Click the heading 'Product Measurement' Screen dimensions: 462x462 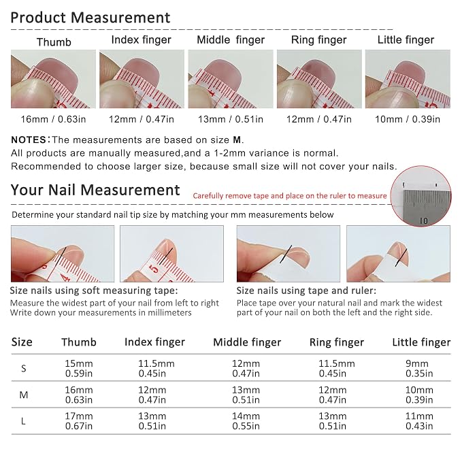pos(90,18)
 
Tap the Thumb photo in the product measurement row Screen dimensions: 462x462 pos(53,79)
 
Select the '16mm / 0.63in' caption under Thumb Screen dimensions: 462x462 pos(53,119)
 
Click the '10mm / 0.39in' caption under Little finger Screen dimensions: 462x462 pos(408,119)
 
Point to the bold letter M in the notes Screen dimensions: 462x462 pos(237,139)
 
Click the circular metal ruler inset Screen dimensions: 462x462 pos(421,196)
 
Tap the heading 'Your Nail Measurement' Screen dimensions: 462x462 pos(95,190)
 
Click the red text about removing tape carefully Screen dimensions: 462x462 pos(290,196)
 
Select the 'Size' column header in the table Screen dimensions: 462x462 pos(22,342)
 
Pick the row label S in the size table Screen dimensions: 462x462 pos(24,368)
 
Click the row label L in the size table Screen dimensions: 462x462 pos(23,421)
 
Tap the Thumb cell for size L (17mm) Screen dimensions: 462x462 pos(79,421)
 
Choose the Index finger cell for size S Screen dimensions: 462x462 pos(156,368)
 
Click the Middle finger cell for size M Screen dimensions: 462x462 pos(246,395)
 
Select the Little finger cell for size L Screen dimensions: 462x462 pos(419,421)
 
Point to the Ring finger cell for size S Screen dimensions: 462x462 pos(337,368)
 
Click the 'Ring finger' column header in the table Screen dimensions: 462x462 pos(337,342)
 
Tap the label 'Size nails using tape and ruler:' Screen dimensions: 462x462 pos(306,291)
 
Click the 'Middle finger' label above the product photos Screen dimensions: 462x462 pos(231,39)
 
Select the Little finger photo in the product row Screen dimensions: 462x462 pos(408,79)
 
